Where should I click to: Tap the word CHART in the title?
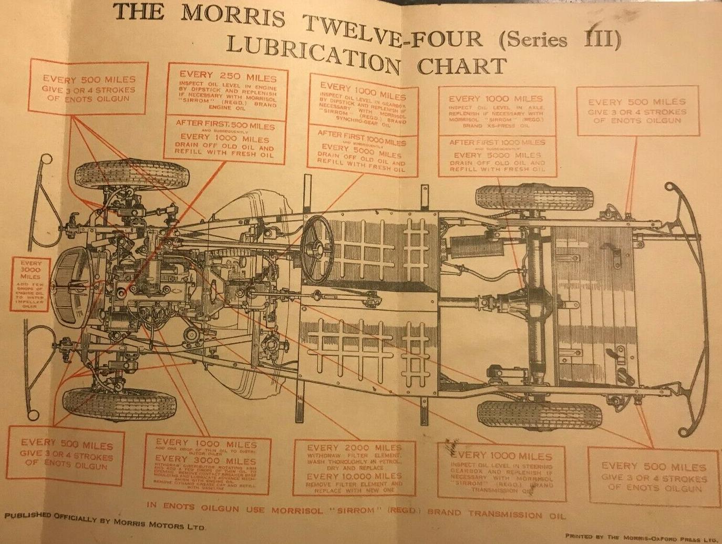462,66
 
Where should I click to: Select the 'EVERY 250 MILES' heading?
228,76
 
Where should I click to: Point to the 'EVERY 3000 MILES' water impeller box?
30,284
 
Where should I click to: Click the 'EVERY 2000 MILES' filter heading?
354,448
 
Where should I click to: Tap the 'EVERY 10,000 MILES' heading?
354,476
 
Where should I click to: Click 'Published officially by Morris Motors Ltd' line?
105,521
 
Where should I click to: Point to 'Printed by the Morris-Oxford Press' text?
641,537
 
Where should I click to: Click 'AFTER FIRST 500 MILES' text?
225,125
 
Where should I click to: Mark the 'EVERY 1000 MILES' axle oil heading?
495,98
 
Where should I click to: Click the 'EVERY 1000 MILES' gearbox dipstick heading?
363,91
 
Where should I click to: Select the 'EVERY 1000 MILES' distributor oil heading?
205,444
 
